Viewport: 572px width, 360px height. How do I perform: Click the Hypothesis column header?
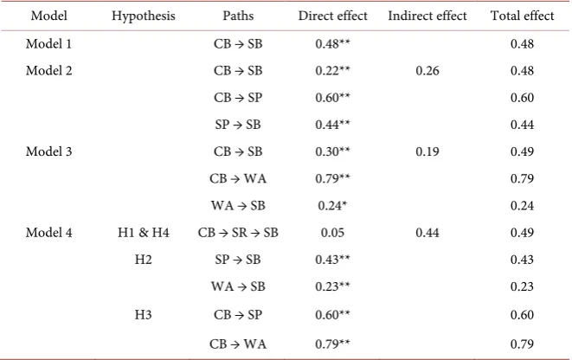[144, 16]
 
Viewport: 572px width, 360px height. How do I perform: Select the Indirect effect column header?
[427, 16]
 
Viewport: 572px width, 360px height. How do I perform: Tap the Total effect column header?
[522, 16]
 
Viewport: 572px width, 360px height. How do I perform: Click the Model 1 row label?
[48, 44]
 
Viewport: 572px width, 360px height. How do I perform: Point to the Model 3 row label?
[48, 151]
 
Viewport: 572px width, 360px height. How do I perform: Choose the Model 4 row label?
[48, 232]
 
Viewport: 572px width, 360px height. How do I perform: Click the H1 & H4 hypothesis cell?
[144, 232]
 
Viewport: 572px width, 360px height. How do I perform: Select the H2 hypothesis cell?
[143, 260]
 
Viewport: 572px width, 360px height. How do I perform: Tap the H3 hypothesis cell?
[143, 314]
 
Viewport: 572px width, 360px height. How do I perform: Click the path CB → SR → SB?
[238, 232]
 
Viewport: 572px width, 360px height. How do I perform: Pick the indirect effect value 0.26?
[427, 70]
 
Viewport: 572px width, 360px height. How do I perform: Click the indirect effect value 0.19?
[427, 151]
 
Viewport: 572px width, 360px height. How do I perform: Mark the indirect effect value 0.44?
[427, 232]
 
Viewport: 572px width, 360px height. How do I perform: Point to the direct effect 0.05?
[332, 232]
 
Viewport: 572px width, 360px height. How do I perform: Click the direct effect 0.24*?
[332, 205]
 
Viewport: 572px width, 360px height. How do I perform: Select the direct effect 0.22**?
[332, 70]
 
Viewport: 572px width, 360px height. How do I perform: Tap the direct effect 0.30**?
[332, 151]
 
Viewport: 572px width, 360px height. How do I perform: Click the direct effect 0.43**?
[332, 260]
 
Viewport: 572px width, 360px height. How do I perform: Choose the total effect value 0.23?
[522, 286]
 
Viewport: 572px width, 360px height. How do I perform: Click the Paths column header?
[238, 16]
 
